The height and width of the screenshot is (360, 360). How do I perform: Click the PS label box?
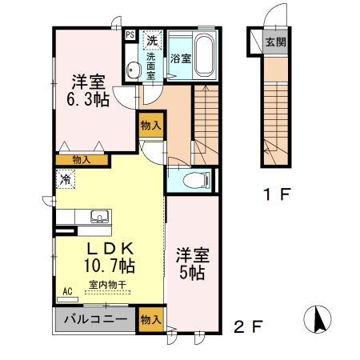(x=130, y=35)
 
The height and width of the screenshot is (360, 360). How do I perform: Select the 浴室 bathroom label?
(x=180, y=58)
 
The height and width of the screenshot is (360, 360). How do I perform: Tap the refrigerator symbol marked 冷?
(x=63, y=179)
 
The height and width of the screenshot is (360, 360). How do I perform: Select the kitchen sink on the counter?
(x=101, y=215)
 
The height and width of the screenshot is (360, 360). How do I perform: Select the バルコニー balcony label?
(x=93, y=319)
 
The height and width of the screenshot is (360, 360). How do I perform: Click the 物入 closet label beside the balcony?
(x=150, y=319)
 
